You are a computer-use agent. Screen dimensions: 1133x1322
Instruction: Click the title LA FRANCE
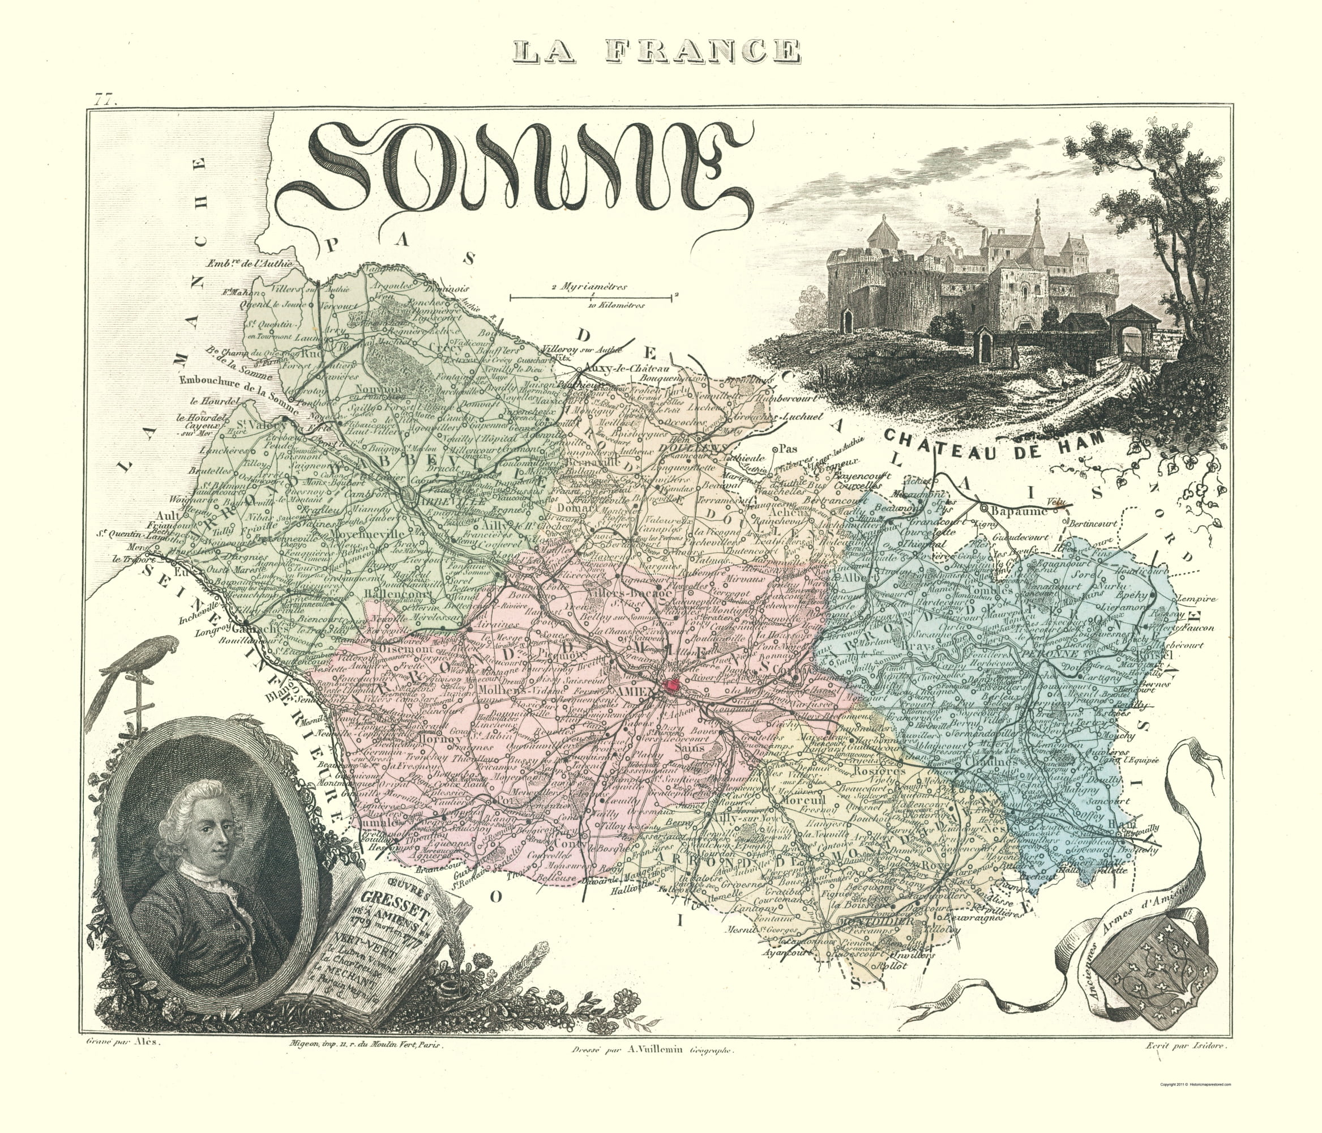[x=657, y=51]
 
